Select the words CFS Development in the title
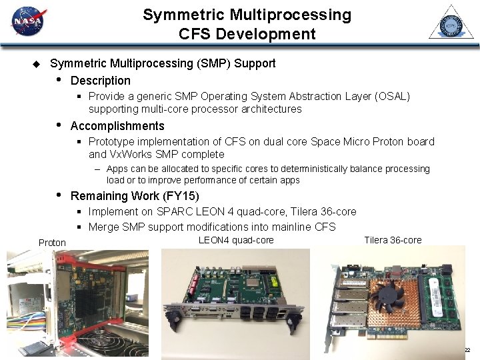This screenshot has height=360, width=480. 247,33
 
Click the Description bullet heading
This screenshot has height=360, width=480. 101,81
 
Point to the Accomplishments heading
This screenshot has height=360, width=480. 117,126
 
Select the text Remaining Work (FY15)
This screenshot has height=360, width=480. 135,196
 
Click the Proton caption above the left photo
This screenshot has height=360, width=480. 52,243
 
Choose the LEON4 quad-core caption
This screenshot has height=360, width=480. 236,240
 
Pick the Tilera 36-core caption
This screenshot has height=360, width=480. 393,240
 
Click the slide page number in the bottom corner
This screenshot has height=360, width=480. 467,350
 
